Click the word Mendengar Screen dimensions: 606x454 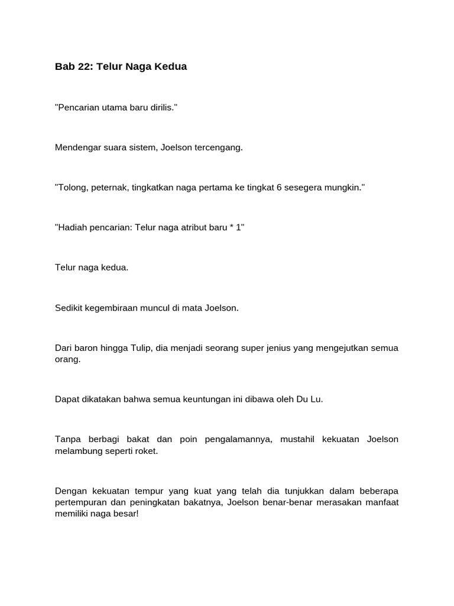pyautogui.click(x=75, y=147)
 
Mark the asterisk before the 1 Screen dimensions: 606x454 pyautogui.click(x=232, y=227)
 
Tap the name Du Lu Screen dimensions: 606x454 pyautogui.click(x=312, y=399)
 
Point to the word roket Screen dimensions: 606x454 pyautogui.click(x=147, y=451)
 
